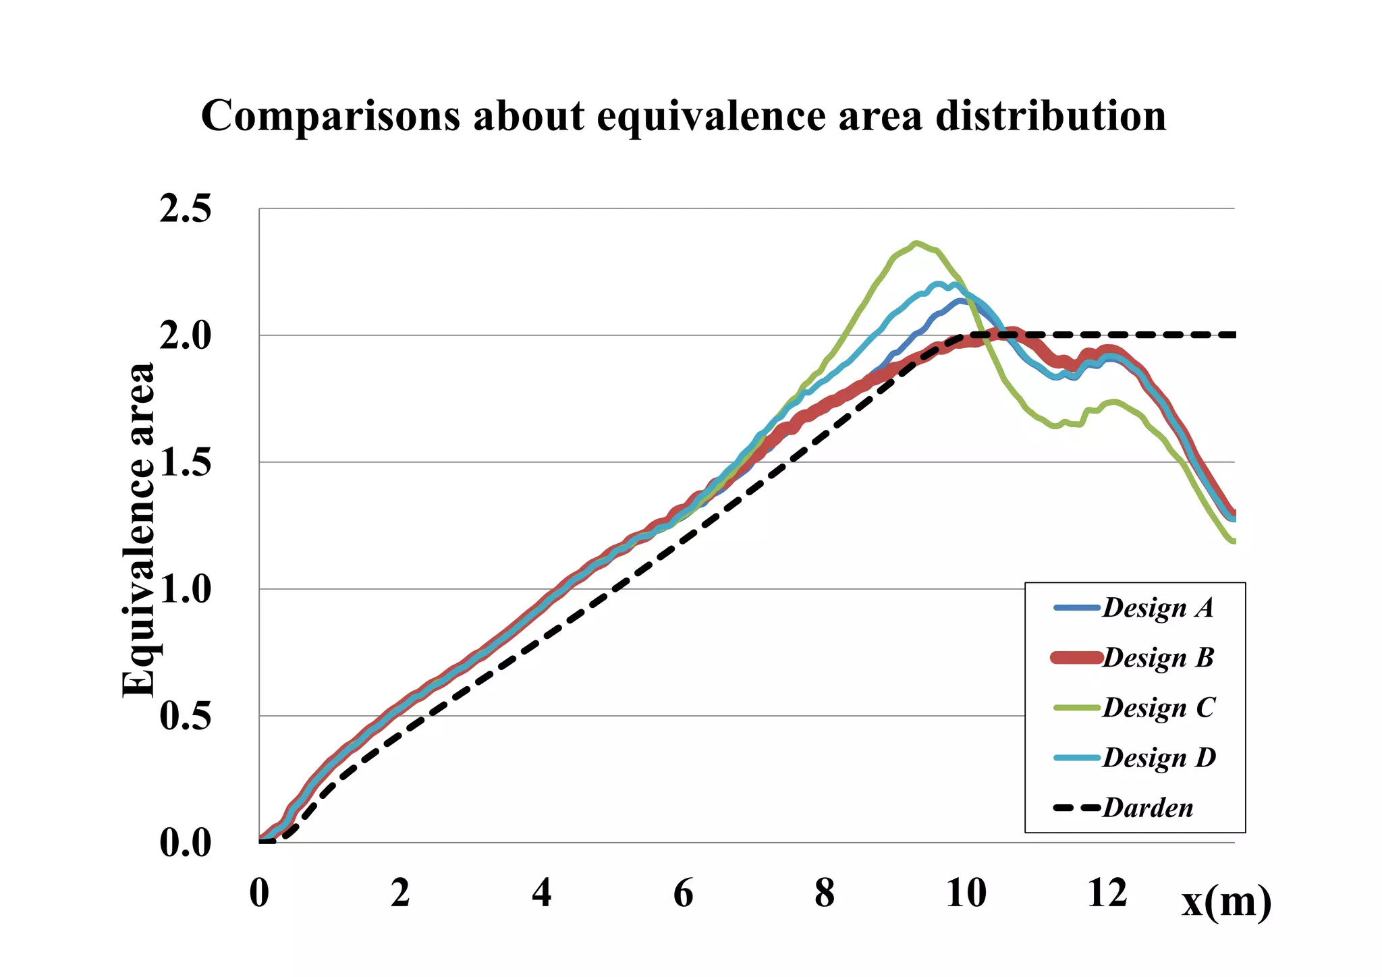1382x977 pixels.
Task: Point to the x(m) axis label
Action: pos(1225,901)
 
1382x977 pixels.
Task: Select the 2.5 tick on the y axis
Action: pos(185,209)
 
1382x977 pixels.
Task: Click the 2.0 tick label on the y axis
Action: pos(185,336)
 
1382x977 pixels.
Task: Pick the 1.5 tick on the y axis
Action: pos(185,463)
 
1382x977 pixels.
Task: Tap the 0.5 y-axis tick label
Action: pos(185,717)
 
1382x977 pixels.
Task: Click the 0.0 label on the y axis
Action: pos(185,843)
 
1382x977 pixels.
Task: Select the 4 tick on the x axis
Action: pos(542,893)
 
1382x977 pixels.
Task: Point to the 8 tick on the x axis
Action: pos(825,893)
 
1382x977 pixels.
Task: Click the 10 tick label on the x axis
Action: pos(966,893)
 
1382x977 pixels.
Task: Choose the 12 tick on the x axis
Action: pos(1107,893)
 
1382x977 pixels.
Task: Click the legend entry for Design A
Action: pos(1157,608)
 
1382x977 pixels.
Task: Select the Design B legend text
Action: pos(1158,658)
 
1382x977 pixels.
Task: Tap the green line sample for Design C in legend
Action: pos(1077,708)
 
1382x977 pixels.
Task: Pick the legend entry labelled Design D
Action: pos(1159,758)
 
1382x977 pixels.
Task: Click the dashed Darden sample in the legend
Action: pos(1077,808)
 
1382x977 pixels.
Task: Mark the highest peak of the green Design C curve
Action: pos(916,244)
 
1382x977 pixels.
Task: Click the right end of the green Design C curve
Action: pos(1232,541)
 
